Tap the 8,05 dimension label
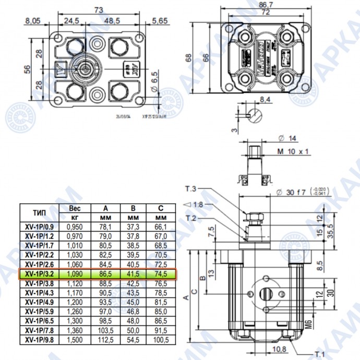coord(33,21)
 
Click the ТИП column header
coord(39,213)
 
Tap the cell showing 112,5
coord(106,340)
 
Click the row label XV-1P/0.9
coord(39,227)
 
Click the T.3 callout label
coord(191,188)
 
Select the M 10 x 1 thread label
coord(293,151)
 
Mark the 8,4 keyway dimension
coord(266,99)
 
